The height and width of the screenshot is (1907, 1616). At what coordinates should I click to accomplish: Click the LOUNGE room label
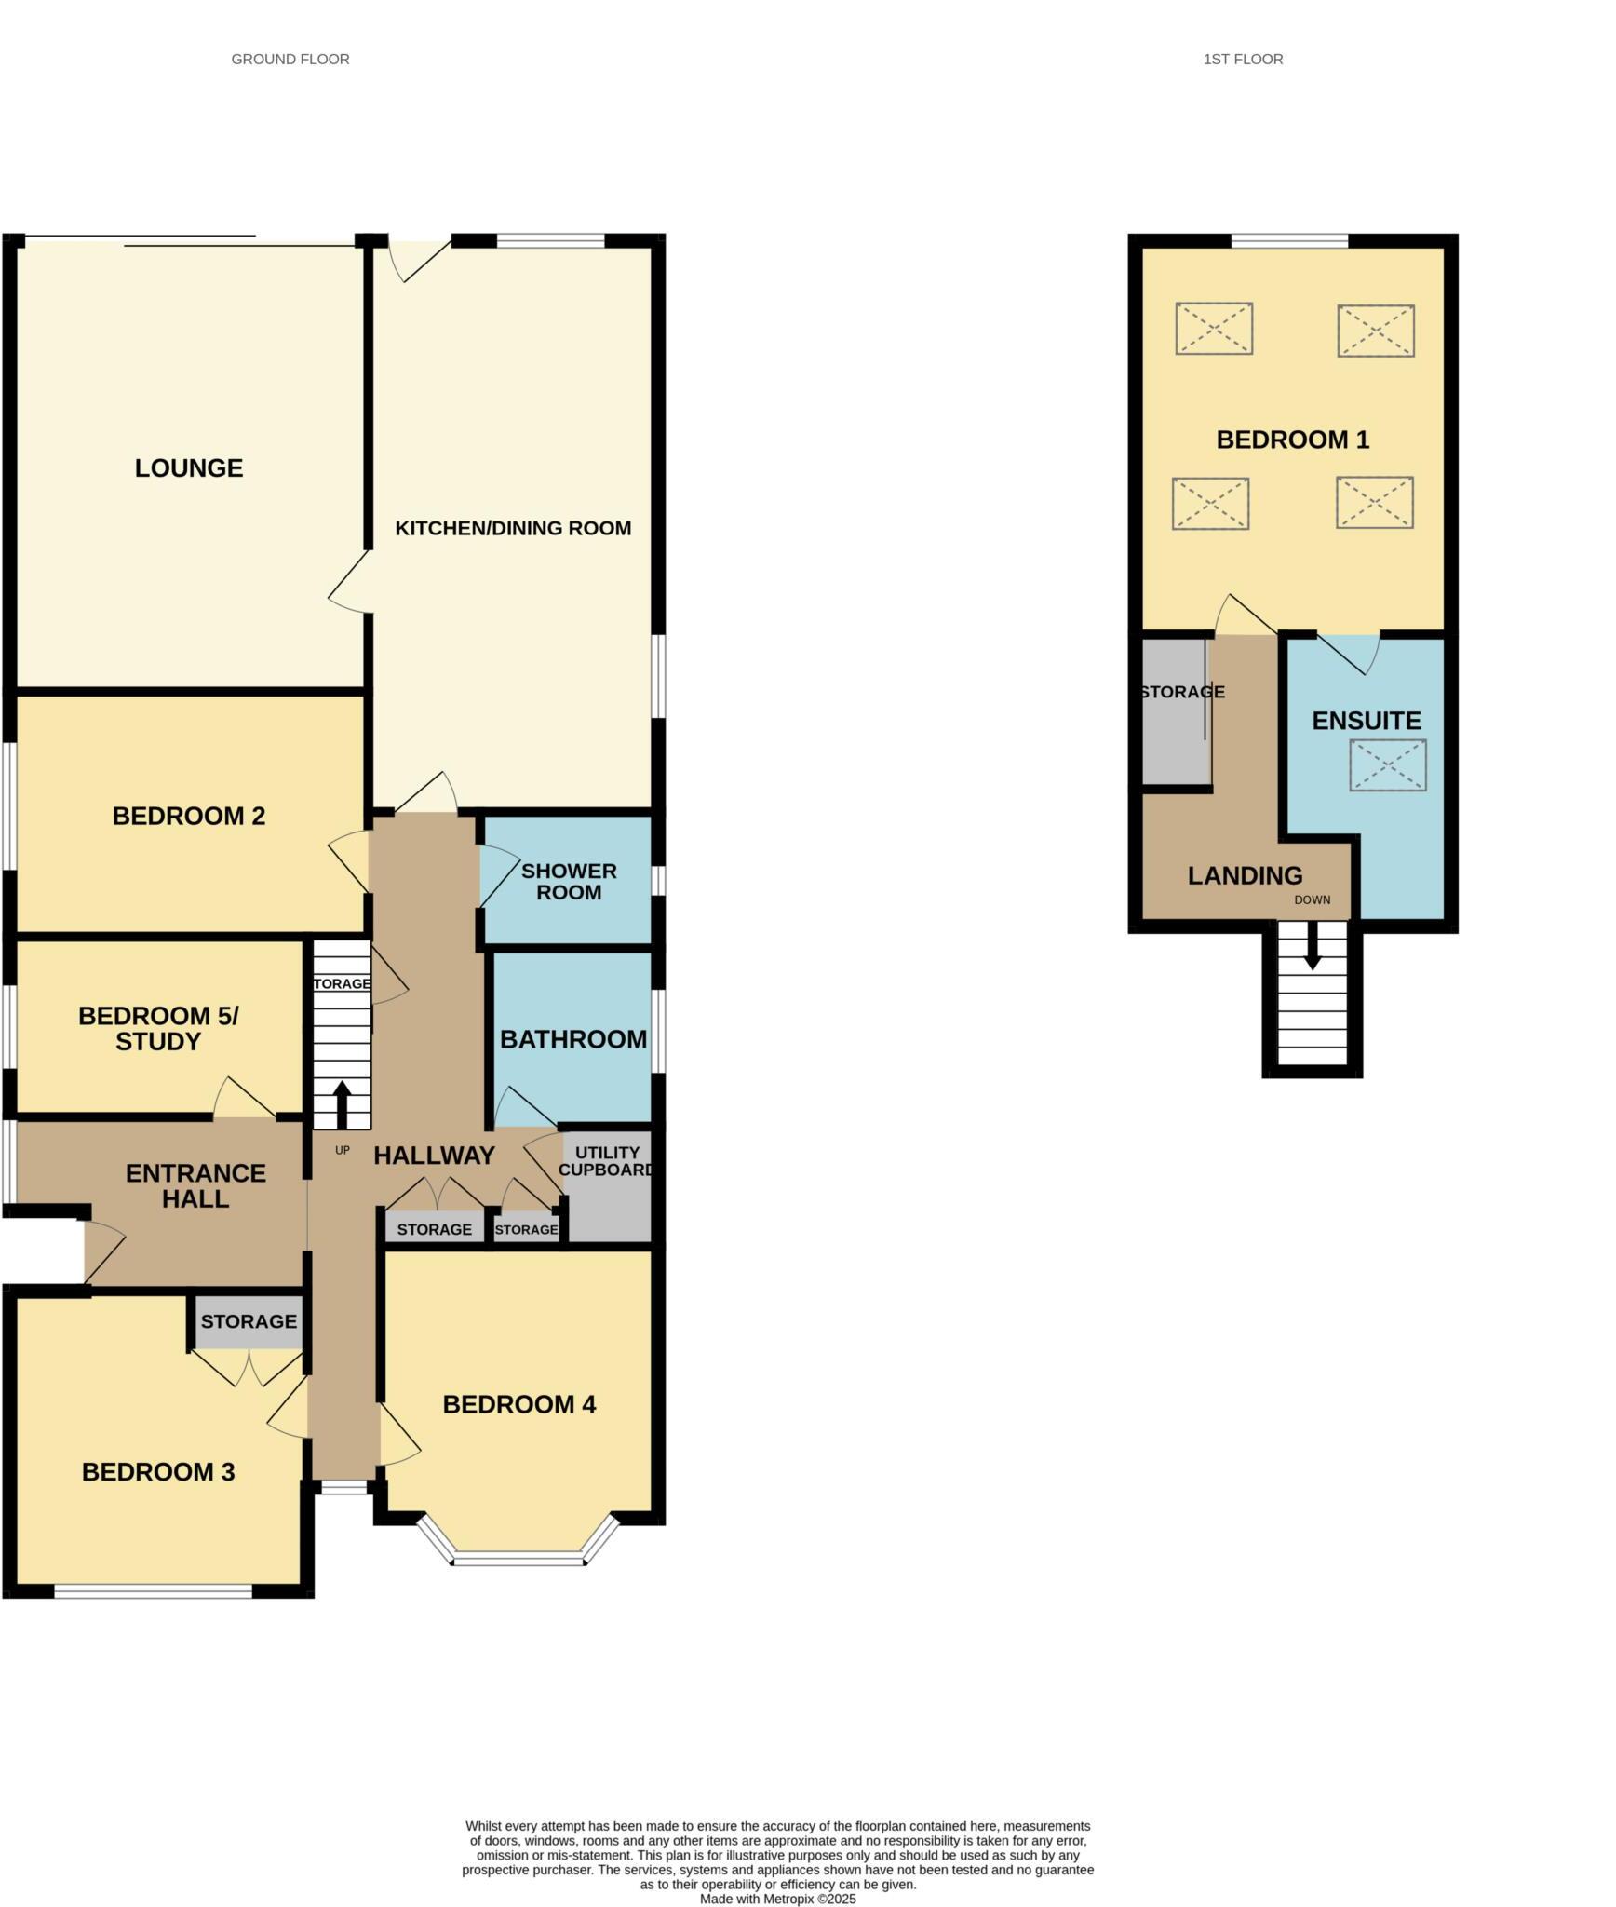pos(189,467)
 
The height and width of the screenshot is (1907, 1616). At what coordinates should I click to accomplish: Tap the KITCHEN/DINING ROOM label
pos(513,528)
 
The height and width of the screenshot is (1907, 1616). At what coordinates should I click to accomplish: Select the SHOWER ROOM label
pos(569,882)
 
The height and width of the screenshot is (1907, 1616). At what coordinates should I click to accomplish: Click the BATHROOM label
pos(573,1039)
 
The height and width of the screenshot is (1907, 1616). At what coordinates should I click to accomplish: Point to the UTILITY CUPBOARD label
pos(607,1161)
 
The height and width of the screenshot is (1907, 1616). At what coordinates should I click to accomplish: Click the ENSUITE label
pos(1367,721)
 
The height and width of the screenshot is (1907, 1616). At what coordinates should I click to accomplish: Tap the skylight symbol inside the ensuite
pos(1388,765)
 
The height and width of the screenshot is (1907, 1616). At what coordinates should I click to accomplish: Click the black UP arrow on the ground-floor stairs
pos(342,1104)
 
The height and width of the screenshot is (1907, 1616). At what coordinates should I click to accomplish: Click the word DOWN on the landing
pos(1313,900)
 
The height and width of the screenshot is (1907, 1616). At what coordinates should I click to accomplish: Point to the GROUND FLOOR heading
pos(290,60)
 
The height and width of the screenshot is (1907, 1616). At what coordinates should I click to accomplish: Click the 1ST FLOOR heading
pos(1243,60)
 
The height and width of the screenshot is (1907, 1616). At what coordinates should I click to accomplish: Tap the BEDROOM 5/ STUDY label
pos(158,1029)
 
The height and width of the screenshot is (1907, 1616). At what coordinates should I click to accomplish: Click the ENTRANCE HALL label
pos(195,1186)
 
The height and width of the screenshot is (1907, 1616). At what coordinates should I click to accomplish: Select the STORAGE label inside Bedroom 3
pos(249,1321)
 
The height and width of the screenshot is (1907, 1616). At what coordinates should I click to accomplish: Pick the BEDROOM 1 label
pos(1293,440)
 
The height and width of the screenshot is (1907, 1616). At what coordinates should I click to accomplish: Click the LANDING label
pos(1245,876)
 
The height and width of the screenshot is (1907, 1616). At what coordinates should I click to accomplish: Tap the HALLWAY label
pos(434,1156)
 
